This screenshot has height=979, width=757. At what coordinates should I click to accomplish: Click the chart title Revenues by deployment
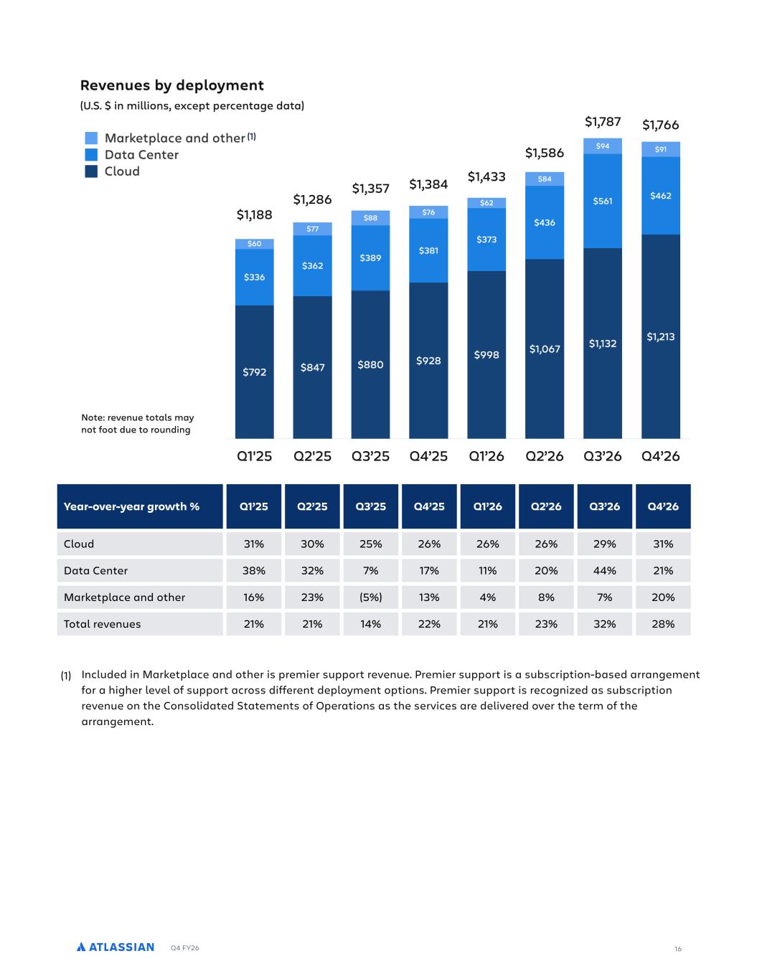[171, 85]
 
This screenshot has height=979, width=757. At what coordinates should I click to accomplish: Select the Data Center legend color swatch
[91, 154]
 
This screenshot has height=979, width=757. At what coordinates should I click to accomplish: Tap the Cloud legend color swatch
[91, 171]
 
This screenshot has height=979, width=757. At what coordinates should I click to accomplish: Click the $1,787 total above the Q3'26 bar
[603, 122]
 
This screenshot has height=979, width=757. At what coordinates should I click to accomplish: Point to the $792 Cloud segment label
[254, 372]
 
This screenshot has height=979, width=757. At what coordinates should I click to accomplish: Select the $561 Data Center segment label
[603, 201]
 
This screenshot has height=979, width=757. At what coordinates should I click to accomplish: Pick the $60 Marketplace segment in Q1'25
[254, 244]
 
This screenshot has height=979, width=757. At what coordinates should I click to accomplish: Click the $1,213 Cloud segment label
[661, 336]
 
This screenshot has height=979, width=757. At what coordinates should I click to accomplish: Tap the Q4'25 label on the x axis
[428, 456]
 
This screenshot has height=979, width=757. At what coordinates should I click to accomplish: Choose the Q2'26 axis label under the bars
[545, 456]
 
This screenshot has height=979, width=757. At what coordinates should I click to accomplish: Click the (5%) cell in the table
[370, 597]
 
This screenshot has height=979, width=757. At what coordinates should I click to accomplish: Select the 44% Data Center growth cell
[604, 571]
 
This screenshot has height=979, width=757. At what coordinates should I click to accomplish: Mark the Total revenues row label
[103, 624]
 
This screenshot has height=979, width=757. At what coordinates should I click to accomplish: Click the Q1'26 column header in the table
[487, 506]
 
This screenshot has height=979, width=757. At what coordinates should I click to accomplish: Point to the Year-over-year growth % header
[131, 506]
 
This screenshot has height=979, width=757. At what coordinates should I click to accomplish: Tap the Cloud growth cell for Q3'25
[370, 544]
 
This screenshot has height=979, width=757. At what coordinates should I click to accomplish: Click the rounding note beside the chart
[138, 423]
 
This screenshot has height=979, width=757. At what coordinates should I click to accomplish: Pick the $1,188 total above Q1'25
[254, 215]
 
